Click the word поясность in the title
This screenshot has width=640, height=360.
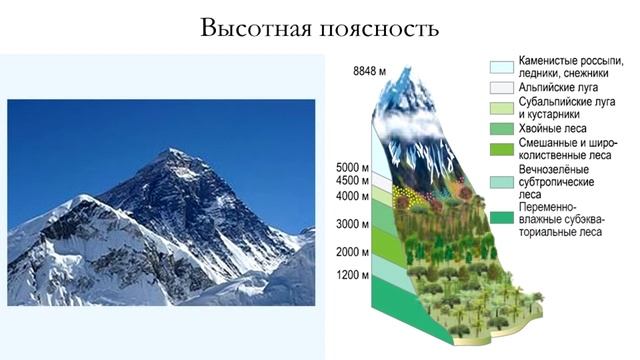pyautogui.click(x=383, y=27)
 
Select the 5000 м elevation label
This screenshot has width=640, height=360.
pyautogui.click(x=353, y=167)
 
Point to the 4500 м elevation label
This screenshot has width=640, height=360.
pyautogui.click(x=353, y=181)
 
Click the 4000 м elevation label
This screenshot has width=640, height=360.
pyautogui.click(x=353, y=196)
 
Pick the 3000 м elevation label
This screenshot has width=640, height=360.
pyautogui.click(x=353, y=224)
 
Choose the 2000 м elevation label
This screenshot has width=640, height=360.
pyautogui.click(x=353, y=251)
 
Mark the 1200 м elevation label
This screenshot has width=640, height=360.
pyautogui.click(x=353, y=274)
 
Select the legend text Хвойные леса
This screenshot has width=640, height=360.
pyautogui.click(x=553, y=129)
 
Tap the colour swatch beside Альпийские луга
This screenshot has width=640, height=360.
pyautogui.click(x=501, y=88)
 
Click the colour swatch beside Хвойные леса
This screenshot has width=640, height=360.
pyautogui.click(x=501, y=129)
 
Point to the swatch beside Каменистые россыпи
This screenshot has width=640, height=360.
pyautogui.click(x=501, y=67)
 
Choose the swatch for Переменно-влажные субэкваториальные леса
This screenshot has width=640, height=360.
pyautogui.click(x=501, y=217)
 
